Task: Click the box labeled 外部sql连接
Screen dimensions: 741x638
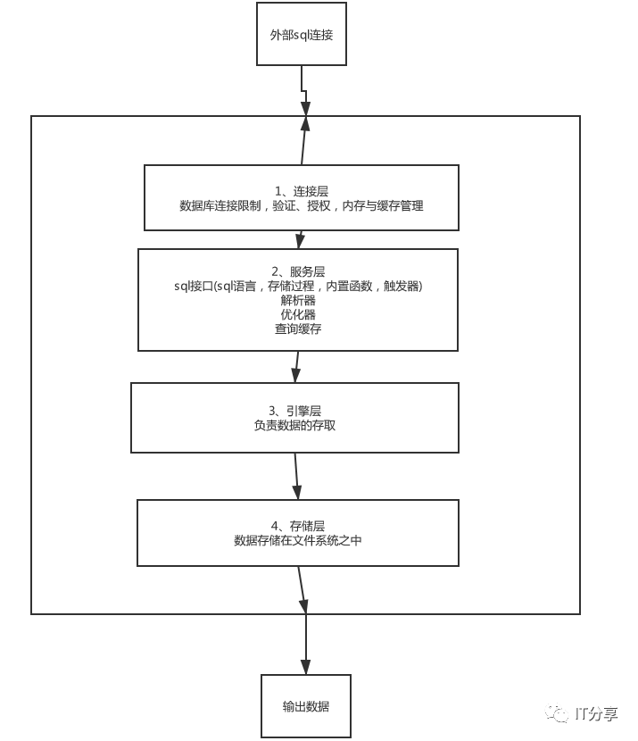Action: [302, 34]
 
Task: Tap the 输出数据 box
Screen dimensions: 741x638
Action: [305, 706]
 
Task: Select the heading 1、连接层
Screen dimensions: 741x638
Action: [302, 191]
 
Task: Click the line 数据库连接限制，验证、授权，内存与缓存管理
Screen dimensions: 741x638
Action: [302, 205]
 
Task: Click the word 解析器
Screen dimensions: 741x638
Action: [297, 300]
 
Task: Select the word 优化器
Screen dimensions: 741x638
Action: [297, 314]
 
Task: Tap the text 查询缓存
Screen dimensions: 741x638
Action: [297, 329]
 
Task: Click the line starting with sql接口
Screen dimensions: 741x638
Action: [297, 286]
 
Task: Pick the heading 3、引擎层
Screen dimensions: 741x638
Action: [294, 411]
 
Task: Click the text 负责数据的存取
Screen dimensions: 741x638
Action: [294, 425]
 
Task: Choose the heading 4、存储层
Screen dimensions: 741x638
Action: [297, 526]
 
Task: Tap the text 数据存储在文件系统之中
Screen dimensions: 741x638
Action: [297, 540]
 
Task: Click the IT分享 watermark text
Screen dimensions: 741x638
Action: [597, 713]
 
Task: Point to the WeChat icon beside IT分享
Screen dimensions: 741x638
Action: [559, 713]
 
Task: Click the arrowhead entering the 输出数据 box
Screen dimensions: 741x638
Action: [306, 667]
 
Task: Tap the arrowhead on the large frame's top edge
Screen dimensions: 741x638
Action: [305, 122]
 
